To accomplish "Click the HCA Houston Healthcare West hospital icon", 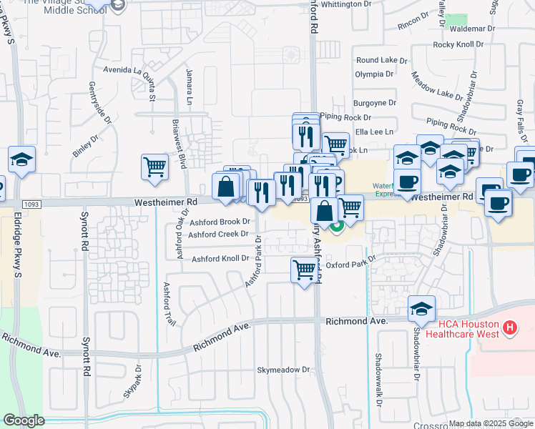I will [x=510, y=328].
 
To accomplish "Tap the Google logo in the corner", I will [x=24, y=420].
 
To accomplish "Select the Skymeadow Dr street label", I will [x=285, y=370].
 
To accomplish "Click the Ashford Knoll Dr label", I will [x=220, y=258].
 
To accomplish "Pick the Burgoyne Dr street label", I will [x=373, y=103].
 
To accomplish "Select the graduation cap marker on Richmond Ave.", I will [x=421, y=308].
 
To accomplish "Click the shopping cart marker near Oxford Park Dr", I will [x=304, y=270].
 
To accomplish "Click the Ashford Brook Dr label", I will [x=220, y=222].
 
